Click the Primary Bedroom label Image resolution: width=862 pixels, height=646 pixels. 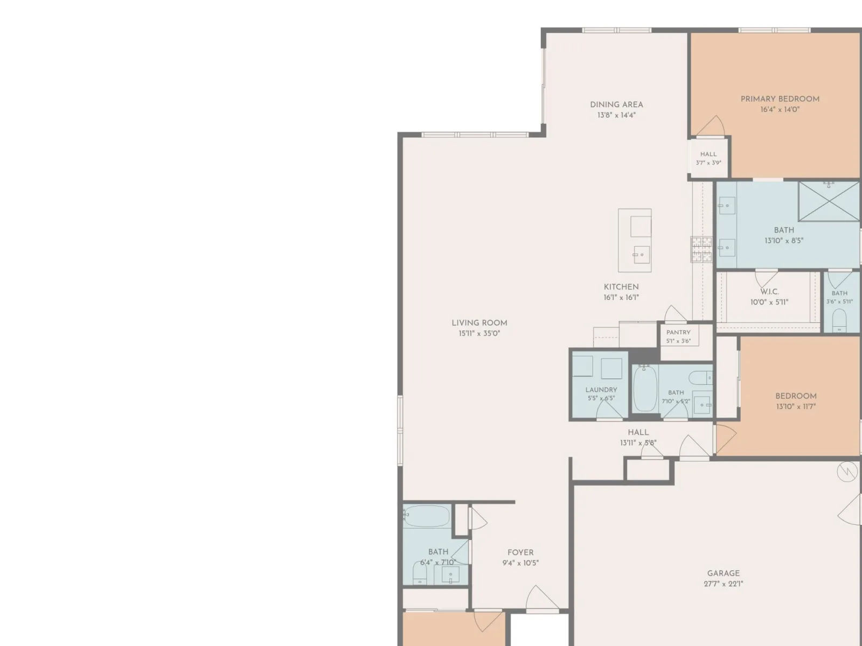[780, 99]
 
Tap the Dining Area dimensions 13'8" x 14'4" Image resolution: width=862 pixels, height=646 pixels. [616, 115]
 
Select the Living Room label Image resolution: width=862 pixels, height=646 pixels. [479, 323]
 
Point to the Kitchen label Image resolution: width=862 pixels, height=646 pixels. [621, 287]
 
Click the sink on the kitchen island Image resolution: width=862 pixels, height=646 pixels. [641, 255]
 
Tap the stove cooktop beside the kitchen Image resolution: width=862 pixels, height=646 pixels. [701, 249]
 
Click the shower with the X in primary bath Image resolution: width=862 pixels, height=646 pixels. [829, 201]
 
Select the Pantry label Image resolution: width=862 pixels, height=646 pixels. [678, 333]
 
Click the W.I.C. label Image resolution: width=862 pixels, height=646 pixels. [769, 292]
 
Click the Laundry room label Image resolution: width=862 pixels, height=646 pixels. [601, 390]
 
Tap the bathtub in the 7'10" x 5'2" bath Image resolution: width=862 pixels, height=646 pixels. [645, 389]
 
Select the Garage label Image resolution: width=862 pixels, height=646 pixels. [724, 573]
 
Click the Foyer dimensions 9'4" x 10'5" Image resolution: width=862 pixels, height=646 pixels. [520, 563]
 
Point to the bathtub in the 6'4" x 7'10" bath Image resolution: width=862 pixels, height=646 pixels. [427, 516]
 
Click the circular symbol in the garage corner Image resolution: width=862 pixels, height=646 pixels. [847, 472]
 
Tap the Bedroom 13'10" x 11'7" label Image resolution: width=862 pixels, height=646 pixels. [796, 396]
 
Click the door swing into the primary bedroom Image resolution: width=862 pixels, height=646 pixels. [711, 126]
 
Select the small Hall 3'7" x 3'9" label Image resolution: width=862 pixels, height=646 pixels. [708, 155]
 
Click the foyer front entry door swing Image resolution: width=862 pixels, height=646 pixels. [542, 598]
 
